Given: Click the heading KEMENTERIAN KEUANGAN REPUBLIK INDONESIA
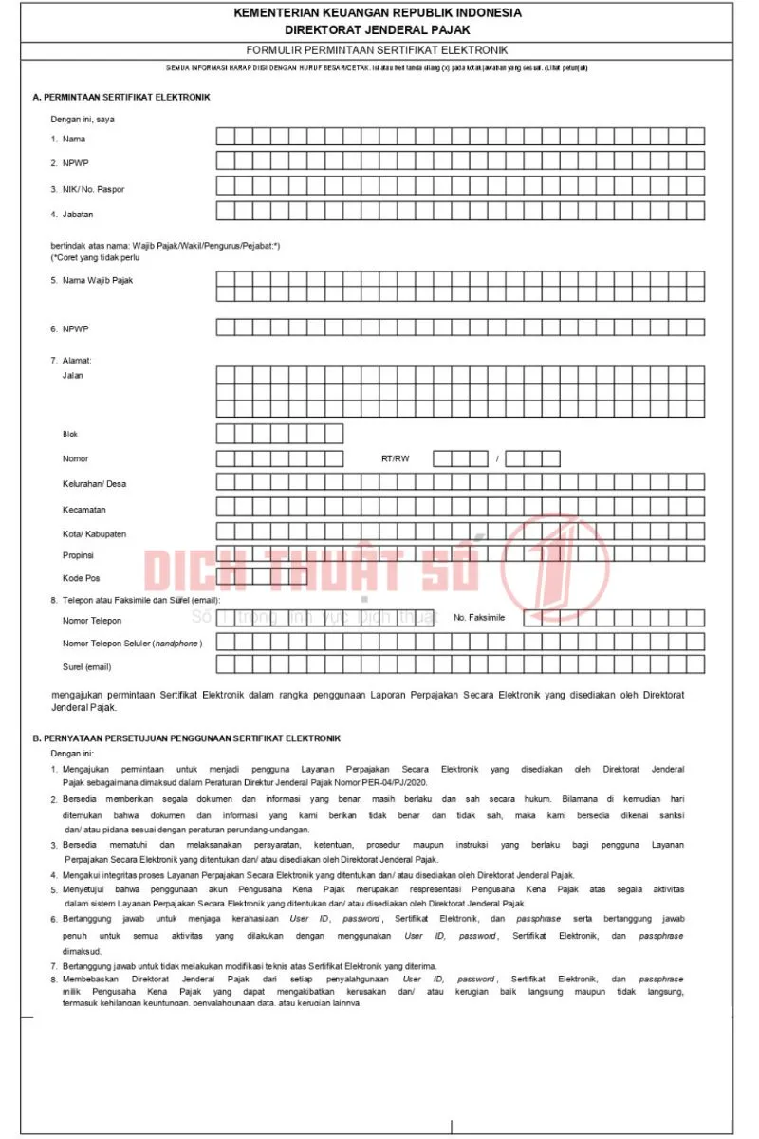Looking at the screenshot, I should pyautogui.click(x=377, y=13).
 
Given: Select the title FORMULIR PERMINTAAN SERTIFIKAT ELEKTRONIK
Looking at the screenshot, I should pyautogui.click(x=377, y=49).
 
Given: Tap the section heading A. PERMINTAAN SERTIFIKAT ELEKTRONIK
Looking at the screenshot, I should pyautogui.click(x=121, y=97).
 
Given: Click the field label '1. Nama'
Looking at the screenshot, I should pyautogui.click(x=68, y=140).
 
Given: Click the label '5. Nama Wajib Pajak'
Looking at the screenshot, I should pyautogui.click(x=92, y=281).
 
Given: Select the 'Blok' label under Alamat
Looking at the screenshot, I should pyautogui.click(x=70, y=434).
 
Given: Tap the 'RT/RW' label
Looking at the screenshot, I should pyautogui.click(x=395, y=458).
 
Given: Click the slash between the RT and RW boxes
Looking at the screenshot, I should pyautogui.click(x=496, y=459).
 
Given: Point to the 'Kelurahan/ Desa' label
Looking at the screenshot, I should pyautogui.click(x=94, y=484).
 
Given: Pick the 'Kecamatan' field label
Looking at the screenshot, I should pyautogui.click(x=83, y=510).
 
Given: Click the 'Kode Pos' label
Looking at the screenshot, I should pyautogui.click(x=82, y=578).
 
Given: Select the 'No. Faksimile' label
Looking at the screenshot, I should pyautogui.click(x=479, y=618).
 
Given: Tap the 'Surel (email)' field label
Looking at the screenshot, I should pyautogui.click(x=87, y=667).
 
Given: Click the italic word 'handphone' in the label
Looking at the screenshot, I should pyautogui.click(x=176, y=644).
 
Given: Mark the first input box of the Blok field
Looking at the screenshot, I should pyautogui.click(x=226, y=434).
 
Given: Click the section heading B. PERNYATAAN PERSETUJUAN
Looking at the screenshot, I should pyautogui.click(x=186, y=738).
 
